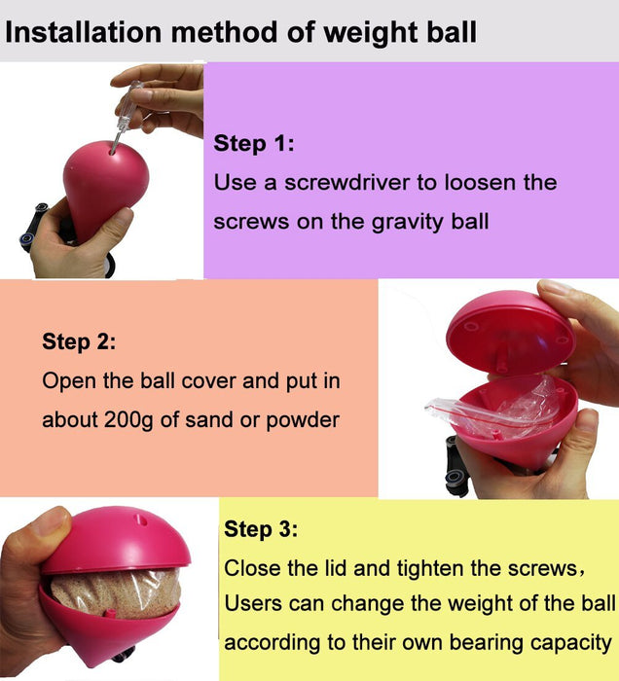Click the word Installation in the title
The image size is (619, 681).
coord(84,32)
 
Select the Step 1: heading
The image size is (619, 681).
coord(254,143)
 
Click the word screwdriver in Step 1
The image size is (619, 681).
coord(347,182)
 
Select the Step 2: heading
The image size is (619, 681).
coord(80,341)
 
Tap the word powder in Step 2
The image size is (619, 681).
coord(303,420)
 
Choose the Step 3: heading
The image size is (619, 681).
coord(261,529)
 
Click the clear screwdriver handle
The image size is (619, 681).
coord(130,101)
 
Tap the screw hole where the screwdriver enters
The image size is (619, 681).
coord(113,151)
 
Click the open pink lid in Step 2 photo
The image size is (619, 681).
coord(511,331)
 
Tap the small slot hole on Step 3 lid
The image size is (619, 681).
coord(140,519)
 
